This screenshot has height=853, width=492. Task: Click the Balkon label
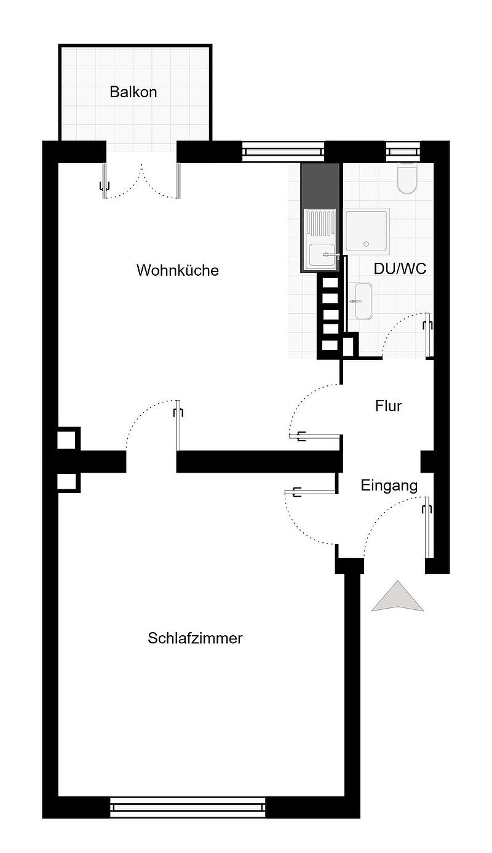tap(133, 92)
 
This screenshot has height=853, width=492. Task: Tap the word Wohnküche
tap(178, 270)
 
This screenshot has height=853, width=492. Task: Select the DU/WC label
tap(400, 269)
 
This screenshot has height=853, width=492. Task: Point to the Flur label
tap(388, 406)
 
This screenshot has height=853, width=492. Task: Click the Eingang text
tap(389, 486)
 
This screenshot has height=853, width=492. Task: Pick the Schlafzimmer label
tap(195, 638)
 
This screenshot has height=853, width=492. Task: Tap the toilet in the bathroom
tap(407, 178)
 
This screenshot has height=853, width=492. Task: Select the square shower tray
tap(367, 231)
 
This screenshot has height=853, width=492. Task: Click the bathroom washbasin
tap(363, 301)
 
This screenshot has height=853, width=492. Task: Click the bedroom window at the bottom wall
tap(187, 807)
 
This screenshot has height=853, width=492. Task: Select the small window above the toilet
tap(403, 151)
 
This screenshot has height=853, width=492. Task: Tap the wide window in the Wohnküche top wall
tap(283, 151)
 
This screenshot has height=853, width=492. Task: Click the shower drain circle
tap(367, 244)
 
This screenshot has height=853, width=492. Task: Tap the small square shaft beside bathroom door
tap(350, 345)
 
